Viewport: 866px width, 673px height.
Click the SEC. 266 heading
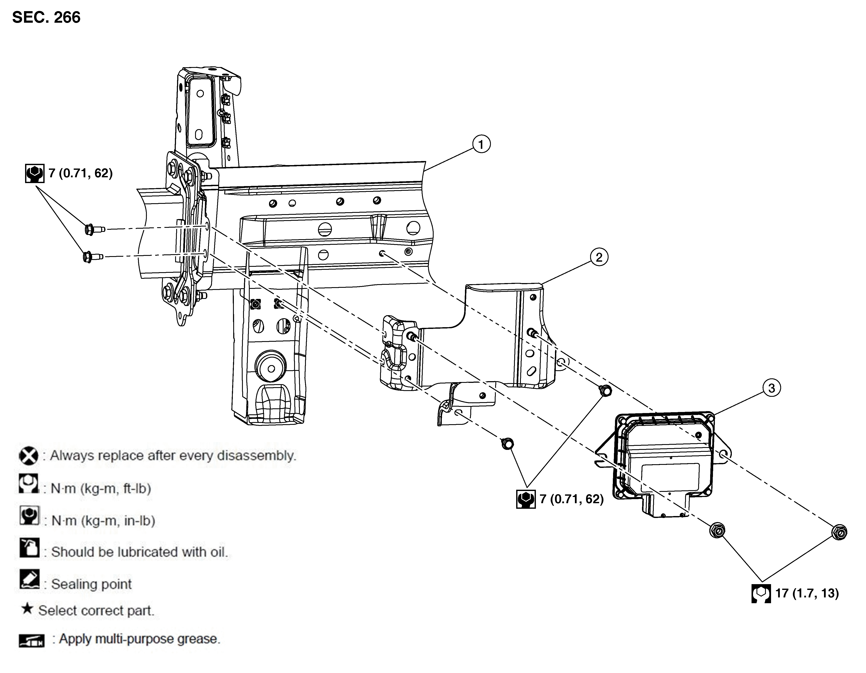(x=46, y=17)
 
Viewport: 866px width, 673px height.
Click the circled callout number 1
(x=481, y=145)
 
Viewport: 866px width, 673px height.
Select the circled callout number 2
(x=599, y=257)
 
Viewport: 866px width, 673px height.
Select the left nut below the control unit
(x=717, y=530)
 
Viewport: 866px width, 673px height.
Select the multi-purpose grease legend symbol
(x=32, y=640)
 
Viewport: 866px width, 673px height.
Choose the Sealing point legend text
(x=91, y=584)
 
